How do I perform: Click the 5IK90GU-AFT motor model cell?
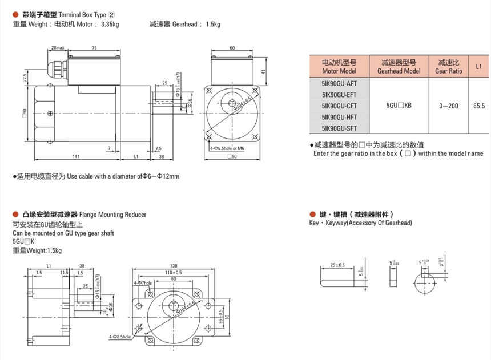[339, 83]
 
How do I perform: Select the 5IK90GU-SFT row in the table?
[339, 129]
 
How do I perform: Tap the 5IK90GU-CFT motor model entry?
[339, 106]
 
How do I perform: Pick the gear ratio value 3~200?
[448, 106]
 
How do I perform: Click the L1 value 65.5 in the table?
[478, 106]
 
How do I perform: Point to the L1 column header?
[478, 66]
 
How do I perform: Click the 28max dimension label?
[57, 48]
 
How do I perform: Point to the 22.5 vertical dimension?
[25, 77]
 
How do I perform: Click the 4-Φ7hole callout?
[143, 282]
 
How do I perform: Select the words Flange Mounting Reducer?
[113, 215]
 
